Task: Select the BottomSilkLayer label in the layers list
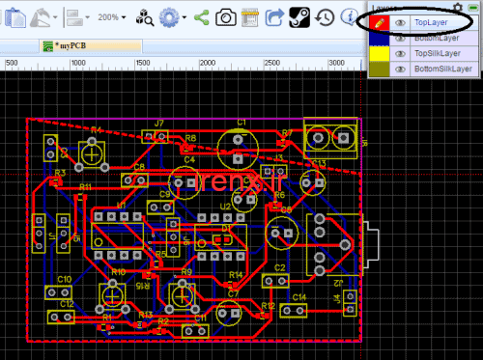click(442, 69)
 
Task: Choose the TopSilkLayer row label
click(436, 53)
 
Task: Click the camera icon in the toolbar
click(225, 16)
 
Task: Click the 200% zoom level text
click(108, 17)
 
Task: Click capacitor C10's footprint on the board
click(61, 291)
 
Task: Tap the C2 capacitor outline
click(279, 280)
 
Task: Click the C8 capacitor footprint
click(134, 180)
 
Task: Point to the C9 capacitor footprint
click(166, 205)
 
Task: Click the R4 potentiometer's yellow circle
click(93, 151)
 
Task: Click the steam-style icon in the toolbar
click(300, 16)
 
